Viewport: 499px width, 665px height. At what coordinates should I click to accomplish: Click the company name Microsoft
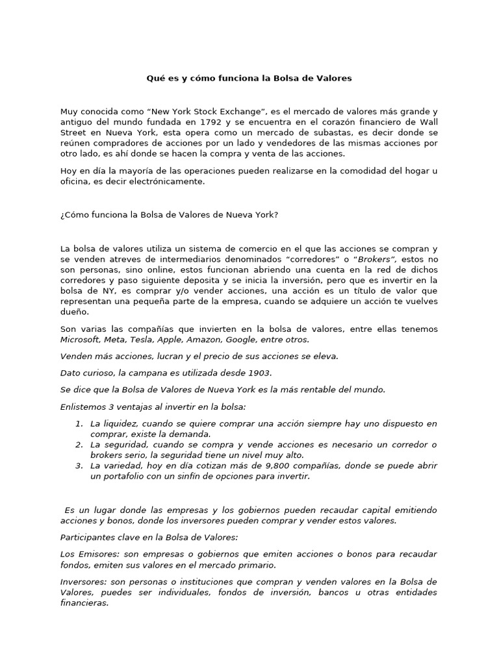pyautogui.click(x=81, y=339)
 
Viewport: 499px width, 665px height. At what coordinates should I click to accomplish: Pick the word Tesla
pyautogui.click(x=145, y=339)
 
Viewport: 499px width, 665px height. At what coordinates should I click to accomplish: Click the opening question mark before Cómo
pyautogui.click(x=62, y=215)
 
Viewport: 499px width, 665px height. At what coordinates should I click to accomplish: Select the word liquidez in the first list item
pyautogui.click(x=121, y=423)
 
